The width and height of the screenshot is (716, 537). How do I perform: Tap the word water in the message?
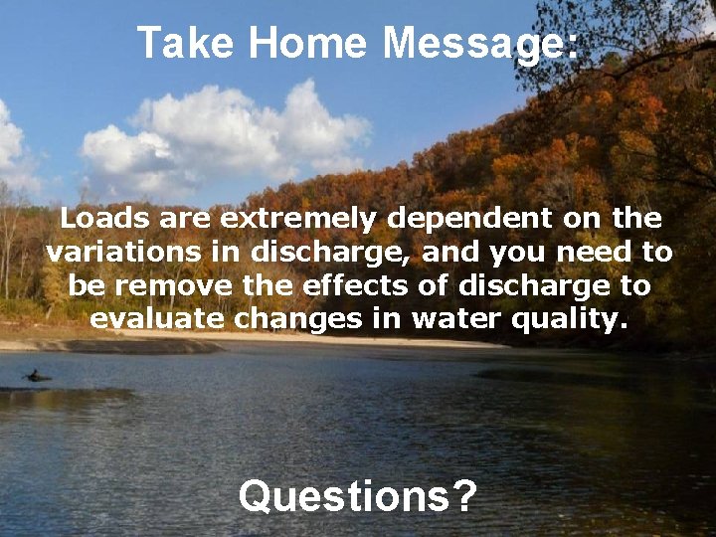coord(461,319)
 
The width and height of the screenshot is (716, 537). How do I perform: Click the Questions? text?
coord(358,494)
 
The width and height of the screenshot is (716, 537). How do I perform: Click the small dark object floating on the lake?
coord(38,376)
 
